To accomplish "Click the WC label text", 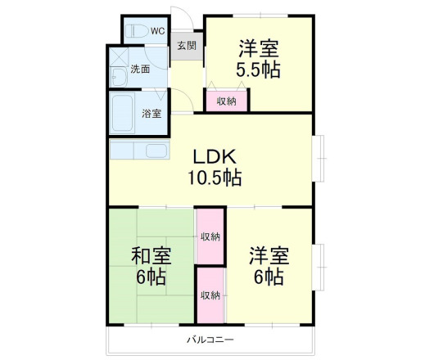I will point(156,32).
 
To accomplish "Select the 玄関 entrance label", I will point(186,46).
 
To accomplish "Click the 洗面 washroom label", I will point(140,70).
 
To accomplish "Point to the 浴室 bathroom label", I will point(151,114).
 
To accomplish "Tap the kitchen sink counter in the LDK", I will point(138,151).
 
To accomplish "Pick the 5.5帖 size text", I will point(259,69).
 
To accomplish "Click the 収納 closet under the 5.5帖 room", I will point(227,101).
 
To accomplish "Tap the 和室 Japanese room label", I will point(151,255).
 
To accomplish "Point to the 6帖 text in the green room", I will point(151,277).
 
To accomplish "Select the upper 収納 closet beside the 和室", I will point(210,236).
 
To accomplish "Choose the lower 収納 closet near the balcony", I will point(210,295).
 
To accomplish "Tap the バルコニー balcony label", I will point(210,339).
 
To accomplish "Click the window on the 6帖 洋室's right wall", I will point(319,265).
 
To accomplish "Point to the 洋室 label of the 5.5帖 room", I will point(259,47).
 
